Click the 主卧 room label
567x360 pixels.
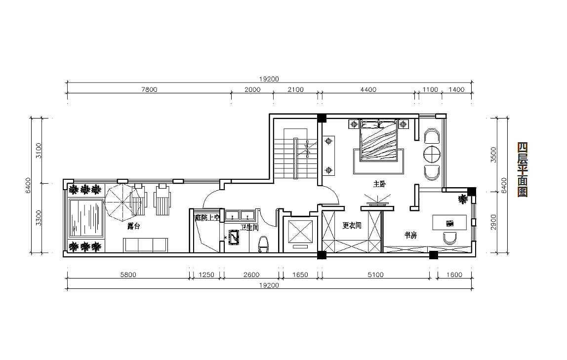(380, 184)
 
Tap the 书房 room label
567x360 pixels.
(411, 235)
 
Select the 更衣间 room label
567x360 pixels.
(352, 226)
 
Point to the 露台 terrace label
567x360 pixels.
(134, 227)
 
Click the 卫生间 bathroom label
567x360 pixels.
(249, 228)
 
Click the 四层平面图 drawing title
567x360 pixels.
(523, 169)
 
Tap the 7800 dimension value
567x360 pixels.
(149, 90)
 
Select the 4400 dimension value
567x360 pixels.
(368, 90)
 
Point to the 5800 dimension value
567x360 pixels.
(128, 275)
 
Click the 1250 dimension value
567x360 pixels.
(206, 275)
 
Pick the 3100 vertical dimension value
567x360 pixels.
(39, 151)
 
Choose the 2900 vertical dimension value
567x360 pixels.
(493, 222)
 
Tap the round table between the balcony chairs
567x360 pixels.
(432, 155)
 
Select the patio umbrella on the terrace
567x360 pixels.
(122, 203)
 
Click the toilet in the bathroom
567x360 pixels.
(263, 243)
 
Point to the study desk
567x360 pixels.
(449, 222)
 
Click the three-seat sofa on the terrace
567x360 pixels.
(145, 245)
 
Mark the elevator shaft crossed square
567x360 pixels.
(300, 231)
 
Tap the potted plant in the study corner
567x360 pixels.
(462, 199)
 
